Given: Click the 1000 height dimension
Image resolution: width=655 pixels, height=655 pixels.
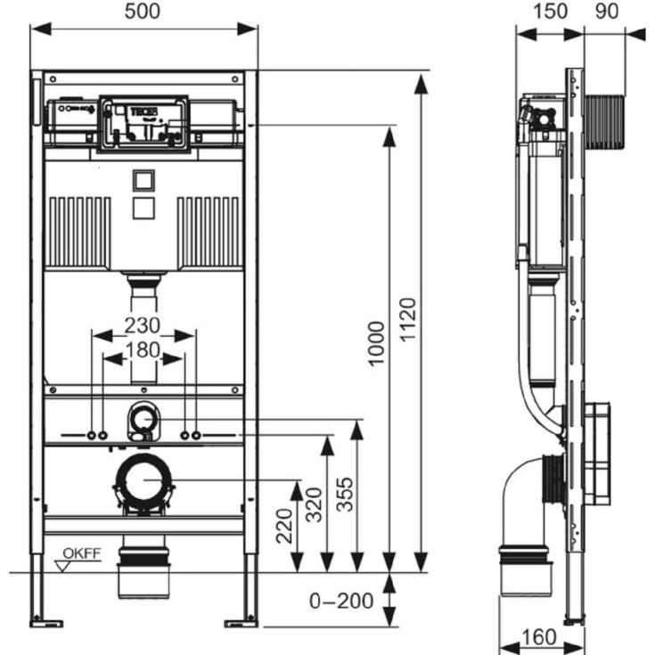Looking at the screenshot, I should tap(378, 343).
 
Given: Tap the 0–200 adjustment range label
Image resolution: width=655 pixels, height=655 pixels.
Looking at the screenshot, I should tap(341, 602).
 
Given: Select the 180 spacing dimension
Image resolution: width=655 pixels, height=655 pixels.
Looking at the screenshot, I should tap(143, 350).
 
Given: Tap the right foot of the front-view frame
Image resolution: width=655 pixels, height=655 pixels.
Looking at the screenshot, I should tap(238, 620).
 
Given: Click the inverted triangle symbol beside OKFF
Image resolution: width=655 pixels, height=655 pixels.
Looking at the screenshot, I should tap(62, 564).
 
